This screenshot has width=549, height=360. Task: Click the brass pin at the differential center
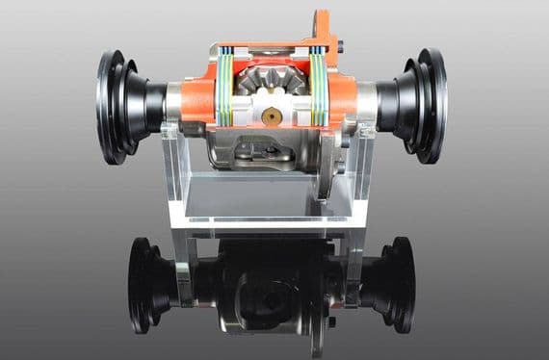(x=273, y=116)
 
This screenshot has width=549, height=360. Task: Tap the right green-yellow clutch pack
(x=319, y=90)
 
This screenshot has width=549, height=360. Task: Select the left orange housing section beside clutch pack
(x=198, y=96)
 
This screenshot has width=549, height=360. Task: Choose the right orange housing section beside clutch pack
(x=344, y=96)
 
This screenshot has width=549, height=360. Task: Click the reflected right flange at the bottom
(x=395, y=283)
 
